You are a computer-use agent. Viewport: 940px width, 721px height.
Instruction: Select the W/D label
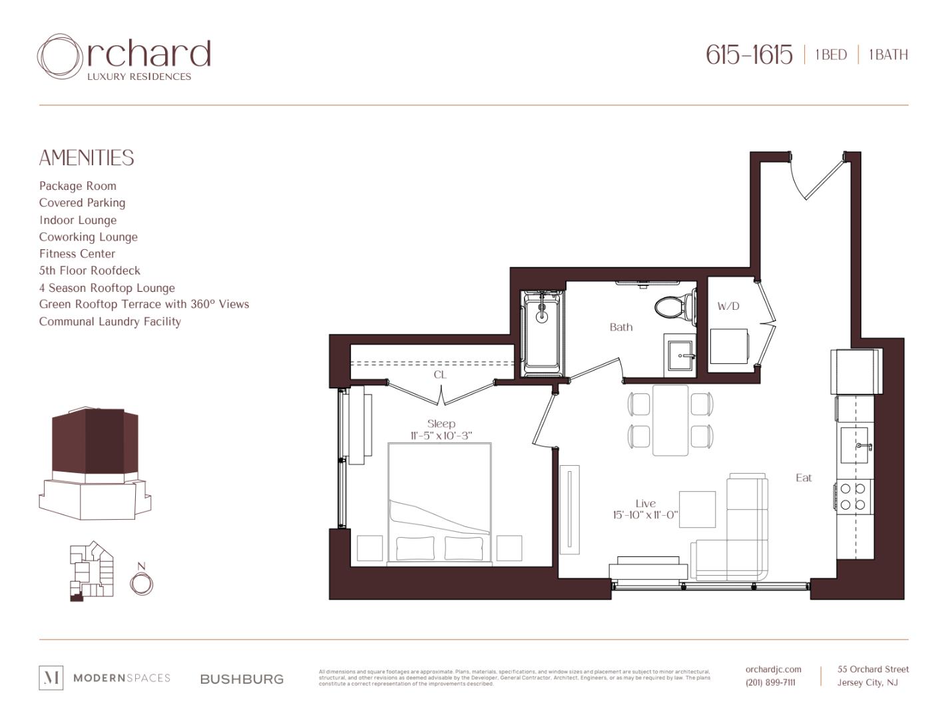728,307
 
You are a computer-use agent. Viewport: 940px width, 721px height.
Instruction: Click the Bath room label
621,327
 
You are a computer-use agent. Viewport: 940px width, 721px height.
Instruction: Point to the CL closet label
440,374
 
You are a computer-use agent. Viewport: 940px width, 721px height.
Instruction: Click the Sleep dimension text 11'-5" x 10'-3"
441,436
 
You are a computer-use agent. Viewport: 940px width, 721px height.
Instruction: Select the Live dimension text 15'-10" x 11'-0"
645,515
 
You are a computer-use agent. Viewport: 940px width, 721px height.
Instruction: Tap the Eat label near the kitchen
804,478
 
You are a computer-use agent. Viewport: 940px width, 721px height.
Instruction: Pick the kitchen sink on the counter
857,446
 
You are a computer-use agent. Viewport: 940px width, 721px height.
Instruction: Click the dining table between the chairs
670,420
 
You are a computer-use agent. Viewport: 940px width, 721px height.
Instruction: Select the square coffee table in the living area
697,509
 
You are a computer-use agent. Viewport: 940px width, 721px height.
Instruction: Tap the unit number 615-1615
749,55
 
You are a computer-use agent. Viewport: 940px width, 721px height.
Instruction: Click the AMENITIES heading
87,158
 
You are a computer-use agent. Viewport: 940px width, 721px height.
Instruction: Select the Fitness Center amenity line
77,254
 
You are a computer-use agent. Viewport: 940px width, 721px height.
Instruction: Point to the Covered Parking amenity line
82,203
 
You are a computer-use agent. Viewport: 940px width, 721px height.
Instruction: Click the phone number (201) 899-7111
770,682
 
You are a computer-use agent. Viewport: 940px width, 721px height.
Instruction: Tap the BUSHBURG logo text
242,679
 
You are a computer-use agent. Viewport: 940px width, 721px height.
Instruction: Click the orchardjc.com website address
773,669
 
